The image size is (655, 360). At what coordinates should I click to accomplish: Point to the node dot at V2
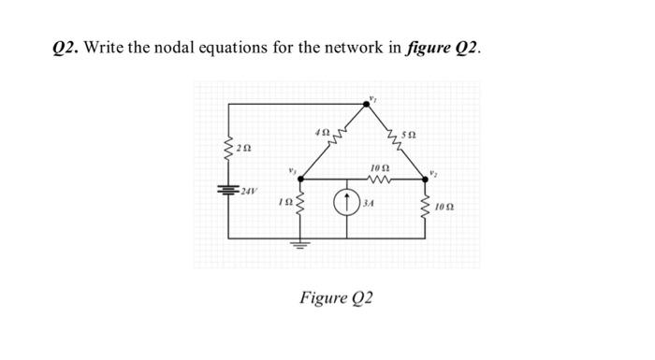pos(427,180)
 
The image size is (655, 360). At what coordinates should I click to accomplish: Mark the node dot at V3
pos(300,180)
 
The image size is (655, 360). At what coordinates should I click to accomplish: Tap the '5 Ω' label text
pos(405,134)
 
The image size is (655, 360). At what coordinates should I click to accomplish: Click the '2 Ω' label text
pos(244,148)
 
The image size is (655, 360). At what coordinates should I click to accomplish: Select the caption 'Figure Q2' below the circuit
pos(336,297)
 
